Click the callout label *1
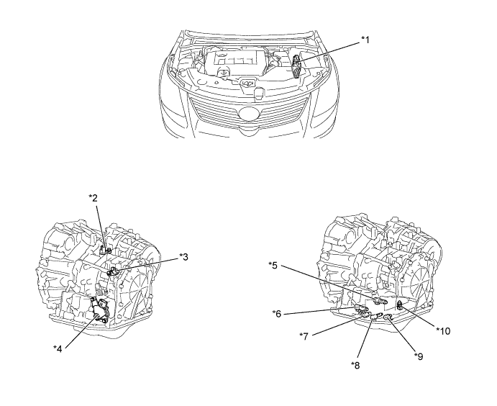[365, 40]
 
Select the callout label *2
[93, 198]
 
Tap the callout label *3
[183, 256]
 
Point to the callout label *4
[58, 348]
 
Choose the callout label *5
[273, 265]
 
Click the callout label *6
[277, 314]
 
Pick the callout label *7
[304, 336]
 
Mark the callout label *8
[355, 366]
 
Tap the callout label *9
[419, 357]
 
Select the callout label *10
[443, 331]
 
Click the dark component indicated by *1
[296, 66]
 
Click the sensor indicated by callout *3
[112, 271]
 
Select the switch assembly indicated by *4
[99, 309]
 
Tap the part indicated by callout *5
[380, 301]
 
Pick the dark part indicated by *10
[401, 305]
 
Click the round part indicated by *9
[387, 317]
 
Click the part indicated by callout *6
[361, 308]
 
